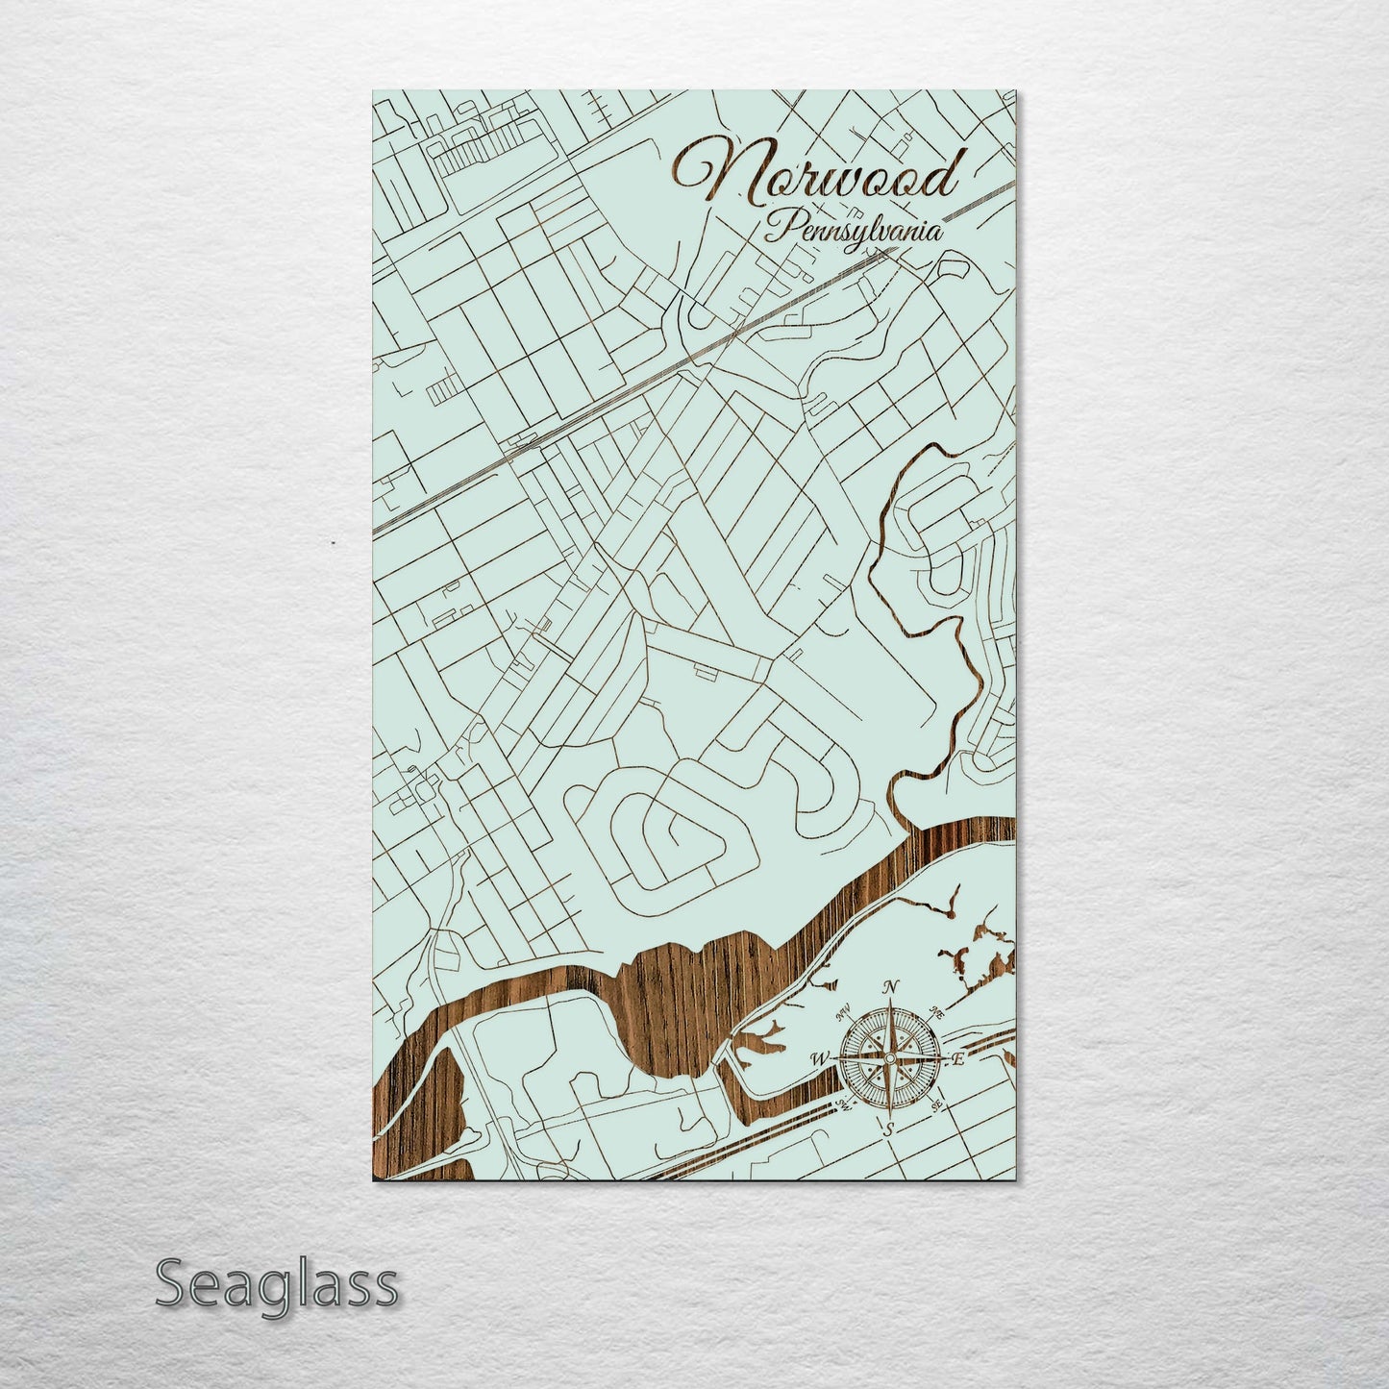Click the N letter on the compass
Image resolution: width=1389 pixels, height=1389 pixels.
[x=891, y=987]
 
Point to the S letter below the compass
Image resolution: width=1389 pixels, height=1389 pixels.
[x=889, y=1128]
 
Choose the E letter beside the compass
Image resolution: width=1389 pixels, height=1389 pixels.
[x=957, y=1059]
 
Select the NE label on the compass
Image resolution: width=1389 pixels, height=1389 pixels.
[x=937, y=1012]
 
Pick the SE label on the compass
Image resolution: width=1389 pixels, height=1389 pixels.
[x=937, y=1105]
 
